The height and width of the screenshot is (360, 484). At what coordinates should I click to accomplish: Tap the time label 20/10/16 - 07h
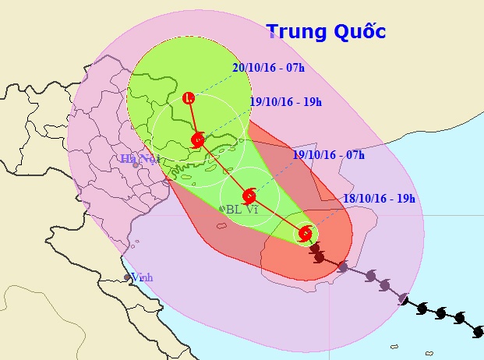(267, 68)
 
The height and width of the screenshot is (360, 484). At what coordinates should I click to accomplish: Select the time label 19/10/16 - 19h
(286, 101)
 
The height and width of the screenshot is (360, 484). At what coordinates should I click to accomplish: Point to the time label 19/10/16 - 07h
(328, 154)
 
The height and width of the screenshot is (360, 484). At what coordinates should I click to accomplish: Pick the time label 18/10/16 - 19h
(379, 199)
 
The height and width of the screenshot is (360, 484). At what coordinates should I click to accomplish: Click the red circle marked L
(189, 98)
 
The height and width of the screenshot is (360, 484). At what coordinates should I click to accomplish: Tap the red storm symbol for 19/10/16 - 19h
(198, 140)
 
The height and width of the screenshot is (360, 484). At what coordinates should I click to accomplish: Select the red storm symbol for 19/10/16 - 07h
(249, 196)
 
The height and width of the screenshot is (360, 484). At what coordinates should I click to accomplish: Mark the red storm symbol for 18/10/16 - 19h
(305, 233)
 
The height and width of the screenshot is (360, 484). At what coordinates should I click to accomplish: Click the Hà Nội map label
(140, 159)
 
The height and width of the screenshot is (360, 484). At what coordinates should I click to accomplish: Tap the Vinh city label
(142, 277)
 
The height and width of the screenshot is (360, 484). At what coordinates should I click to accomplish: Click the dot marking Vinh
(127, 277)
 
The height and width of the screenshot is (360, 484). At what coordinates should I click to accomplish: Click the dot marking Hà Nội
(136, 164)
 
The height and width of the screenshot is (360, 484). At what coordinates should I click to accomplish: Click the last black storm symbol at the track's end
(477, 331)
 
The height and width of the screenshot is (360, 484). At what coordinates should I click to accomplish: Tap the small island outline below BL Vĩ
(221, 226)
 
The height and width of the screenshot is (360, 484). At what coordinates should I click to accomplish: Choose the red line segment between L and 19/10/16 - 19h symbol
(193, 119)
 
